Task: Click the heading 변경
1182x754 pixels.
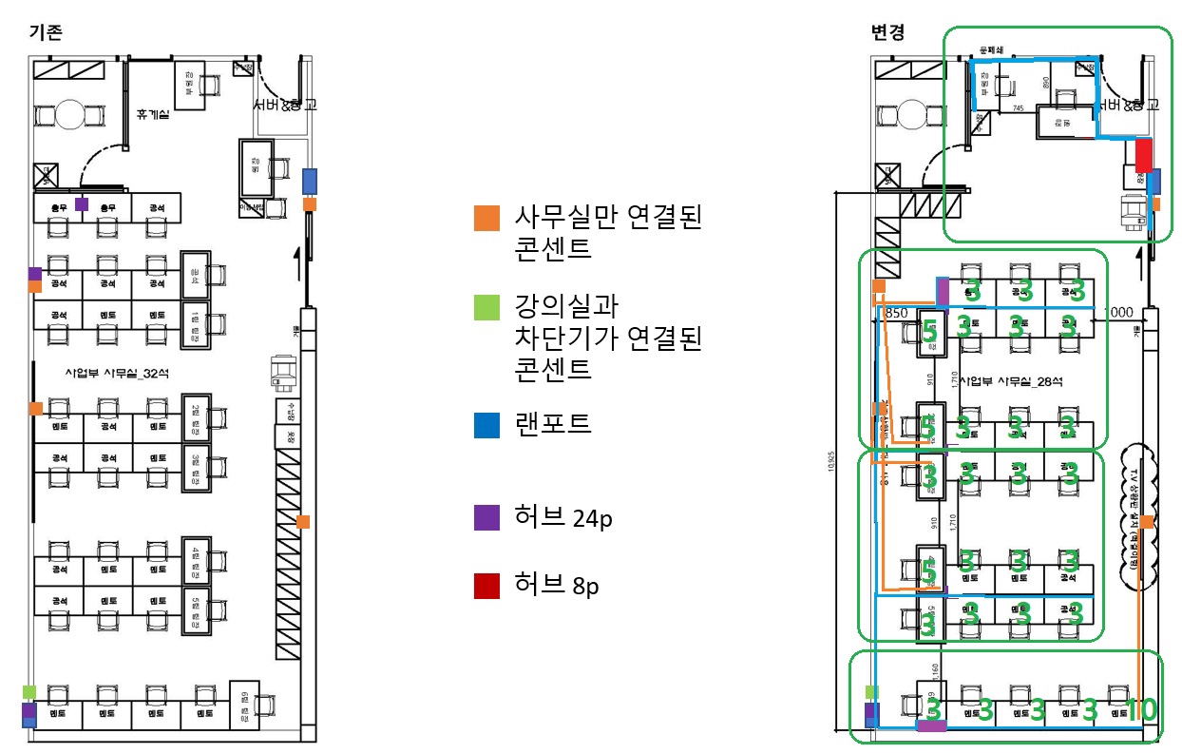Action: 887,31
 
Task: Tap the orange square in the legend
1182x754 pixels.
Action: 486,219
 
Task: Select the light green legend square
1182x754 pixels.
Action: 486,307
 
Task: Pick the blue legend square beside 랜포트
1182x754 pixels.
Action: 486,424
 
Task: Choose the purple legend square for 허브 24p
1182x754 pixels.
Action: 486,517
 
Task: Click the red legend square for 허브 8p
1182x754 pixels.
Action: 486,586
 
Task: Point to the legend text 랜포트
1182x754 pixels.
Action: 553,423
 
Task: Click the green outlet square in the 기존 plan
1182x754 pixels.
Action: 29,691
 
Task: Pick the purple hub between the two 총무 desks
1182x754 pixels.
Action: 82,204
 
